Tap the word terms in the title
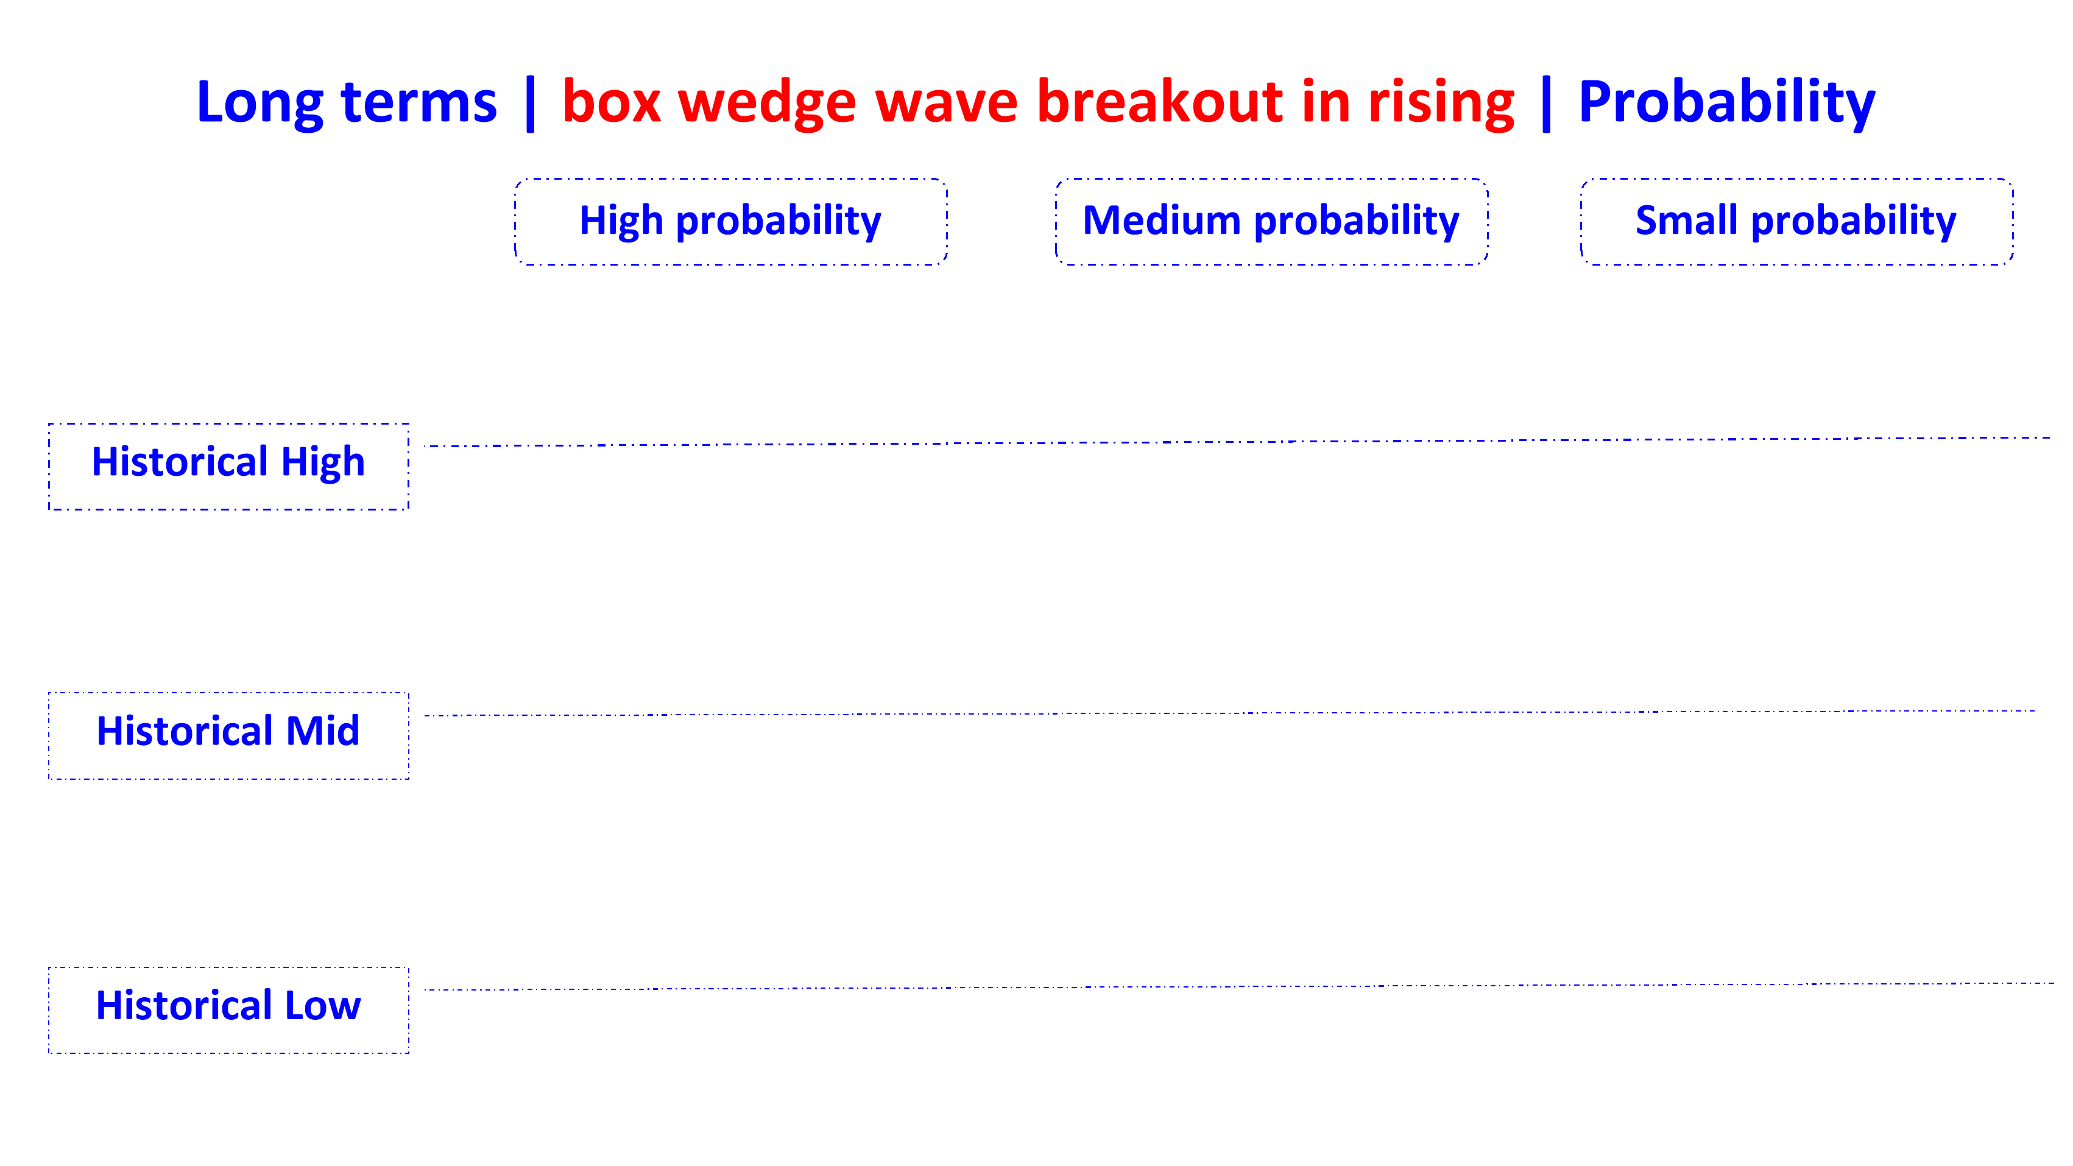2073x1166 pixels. tap(418, 103)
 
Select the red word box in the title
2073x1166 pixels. tap(611, 103)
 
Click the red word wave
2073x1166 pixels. tap(947, 103)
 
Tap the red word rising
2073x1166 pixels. tap(1441, 103)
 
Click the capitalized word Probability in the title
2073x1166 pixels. tap(1727, 103)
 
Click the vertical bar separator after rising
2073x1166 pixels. tap(1546, 103)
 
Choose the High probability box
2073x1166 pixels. tap(731, 221)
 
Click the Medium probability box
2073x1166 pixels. tap(1271, 221)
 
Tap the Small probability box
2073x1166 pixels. tap(1796, 221)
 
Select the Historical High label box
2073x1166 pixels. tap(228, 466)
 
